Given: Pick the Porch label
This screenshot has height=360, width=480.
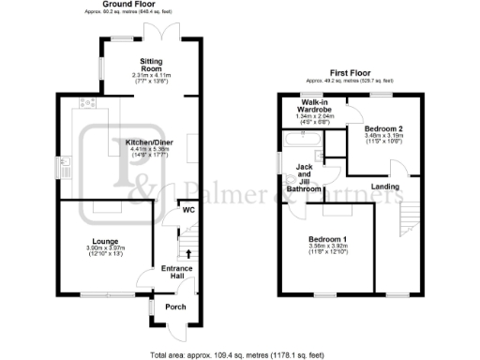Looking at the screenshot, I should coord(175,307).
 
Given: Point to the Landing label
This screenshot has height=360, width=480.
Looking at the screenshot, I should coord(385,186).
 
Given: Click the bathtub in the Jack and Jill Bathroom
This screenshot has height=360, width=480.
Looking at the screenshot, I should coord(300,141).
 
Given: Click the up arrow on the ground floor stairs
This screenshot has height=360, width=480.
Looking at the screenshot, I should coord(187,251).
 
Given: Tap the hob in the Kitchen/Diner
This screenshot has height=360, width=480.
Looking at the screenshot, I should coord(90,103).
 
